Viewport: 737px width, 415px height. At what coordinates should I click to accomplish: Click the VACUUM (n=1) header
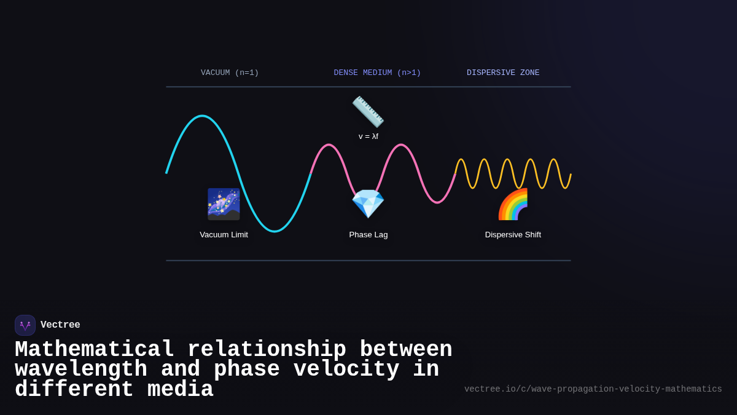[x=230, y=73]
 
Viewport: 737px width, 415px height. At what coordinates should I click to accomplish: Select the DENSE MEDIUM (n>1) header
[x=377, y=73]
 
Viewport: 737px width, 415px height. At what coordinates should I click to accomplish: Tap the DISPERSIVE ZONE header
[x=503, y=73]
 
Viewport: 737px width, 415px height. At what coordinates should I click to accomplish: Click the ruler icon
[x=368, y=112]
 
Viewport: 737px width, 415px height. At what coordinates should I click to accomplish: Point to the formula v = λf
[x=368, y=136]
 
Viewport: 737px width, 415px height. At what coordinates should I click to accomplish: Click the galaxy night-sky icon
[x=224, y=204]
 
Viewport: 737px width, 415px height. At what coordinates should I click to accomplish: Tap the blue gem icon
[x=368, y=204]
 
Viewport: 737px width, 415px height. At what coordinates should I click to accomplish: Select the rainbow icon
[x=513, y=204]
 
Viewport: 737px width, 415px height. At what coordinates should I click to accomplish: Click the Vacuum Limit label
[x=224, y=234]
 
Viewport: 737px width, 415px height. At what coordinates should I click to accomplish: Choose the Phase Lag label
[x=368, y=234]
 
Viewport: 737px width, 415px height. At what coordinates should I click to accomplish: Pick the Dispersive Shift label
[x=513, y=234]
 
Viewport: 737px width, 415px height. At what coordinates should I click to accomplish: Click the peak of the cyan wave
[x=202, y=116]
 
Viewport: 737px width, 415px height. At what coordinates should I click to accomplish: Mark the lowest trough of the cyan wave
[x=275, y=231]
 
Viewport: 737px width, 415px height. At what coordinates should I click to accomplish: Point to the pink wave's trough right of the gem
[x=437, y=202]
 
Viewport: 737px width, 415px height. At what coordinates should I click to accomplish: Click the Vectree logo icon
[x=25, y=325]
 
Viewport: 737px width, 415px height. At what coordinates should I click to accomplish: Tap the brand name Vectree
[x=60, y=325]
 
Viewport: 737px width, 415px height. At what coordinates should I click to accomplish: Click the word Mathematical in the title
[x=95, y=350]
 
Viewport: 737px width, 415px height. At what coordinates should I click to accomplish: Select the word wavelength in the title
[x=81, y=370]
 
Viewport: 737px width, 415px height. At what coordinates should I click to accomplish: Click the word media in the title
[x=181, y=390]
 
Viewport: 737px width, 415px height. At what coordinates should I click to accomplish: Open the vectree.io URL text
[x=593, y=389]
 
